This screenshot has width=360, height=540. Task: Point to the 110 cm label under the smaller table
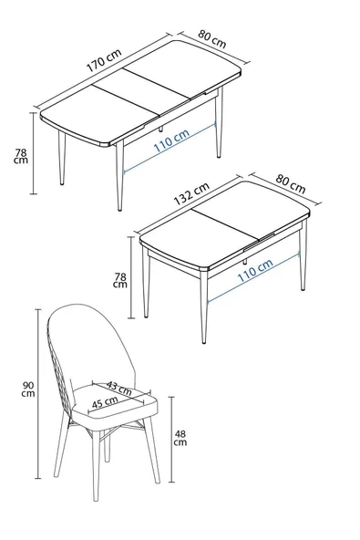254,272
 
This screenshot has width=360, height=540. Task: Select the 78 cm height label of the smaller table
119,278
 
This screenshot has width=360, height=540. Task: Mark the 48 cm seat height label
180,438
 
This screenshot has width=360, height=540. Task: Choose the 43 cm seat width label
118,388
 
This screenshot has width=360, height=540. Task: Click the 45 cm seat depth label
103,401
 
